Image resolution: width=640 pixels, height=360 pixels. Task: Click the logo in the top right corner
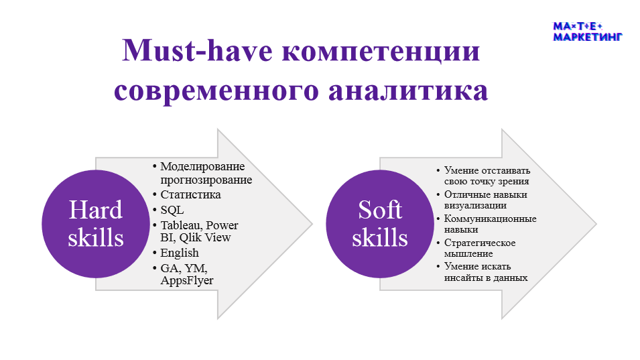tap(587, 32)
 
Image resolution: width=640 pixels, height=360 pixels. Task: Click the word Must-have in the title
tap(197, 50)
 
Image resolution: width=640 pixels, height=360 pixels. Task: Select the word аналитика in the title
tap(408, 91)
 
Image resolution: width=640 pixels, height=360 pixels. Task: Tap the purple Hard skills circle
tap(96, 224)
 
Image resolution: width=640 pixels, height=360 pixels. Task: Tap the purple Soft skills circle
tap(379, 224)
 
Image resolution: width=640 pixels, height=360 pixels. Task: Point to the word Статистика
tap(190, 194)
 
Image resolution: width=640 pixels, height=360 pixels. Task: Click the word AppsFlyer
tap(187, 281)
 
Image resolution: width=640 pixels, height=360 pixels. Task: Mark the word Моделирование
tap(202, 166)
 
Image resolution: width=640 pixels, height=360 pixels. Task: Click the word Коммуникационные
tap(490, 219)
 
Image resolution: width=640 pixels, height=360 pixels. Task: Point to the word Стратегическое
tap(480, 243)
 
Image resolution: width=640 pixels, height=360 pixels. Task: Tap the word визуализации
tap(476, 206)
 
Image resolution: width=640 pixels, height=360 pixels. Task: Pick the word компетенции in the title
tap(381, 52)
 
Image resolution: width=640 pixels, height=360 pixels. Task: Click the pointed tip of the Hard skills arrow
tap(312, 224)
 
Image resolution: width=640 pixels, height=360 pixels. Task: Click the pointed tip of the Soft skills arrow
tap(596, 224)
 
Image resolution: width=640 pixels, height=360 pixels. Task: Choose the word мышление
tap(468, 254)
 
